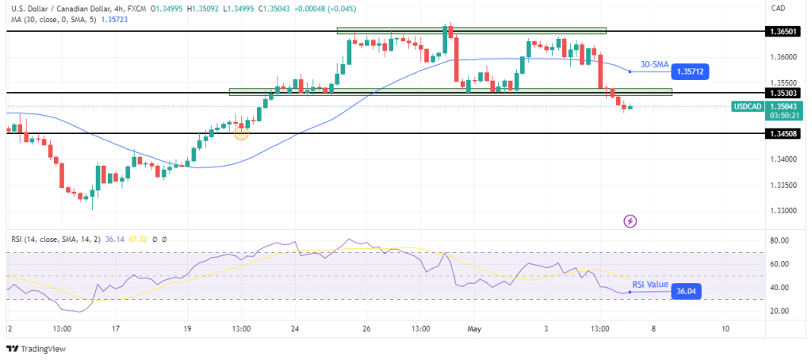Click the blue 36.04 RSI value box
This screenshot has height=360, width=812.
[x=687, y=292]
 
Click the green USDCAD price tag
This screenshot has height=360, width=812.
[x=749, y=106]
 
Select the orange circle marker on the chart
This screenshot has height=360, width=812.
[x=242, y=132]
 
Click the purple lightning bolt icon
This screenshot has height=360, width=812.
[x=630, y=220]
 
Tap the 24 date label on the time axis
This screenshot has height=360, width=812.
[x=295, y=328]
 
